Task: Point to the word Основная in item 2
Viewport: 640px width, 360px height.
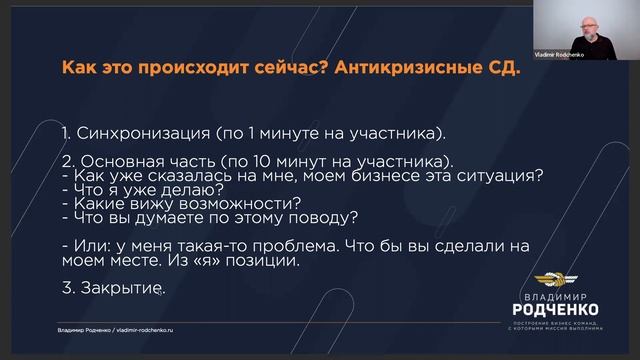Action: coord(117,160)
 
